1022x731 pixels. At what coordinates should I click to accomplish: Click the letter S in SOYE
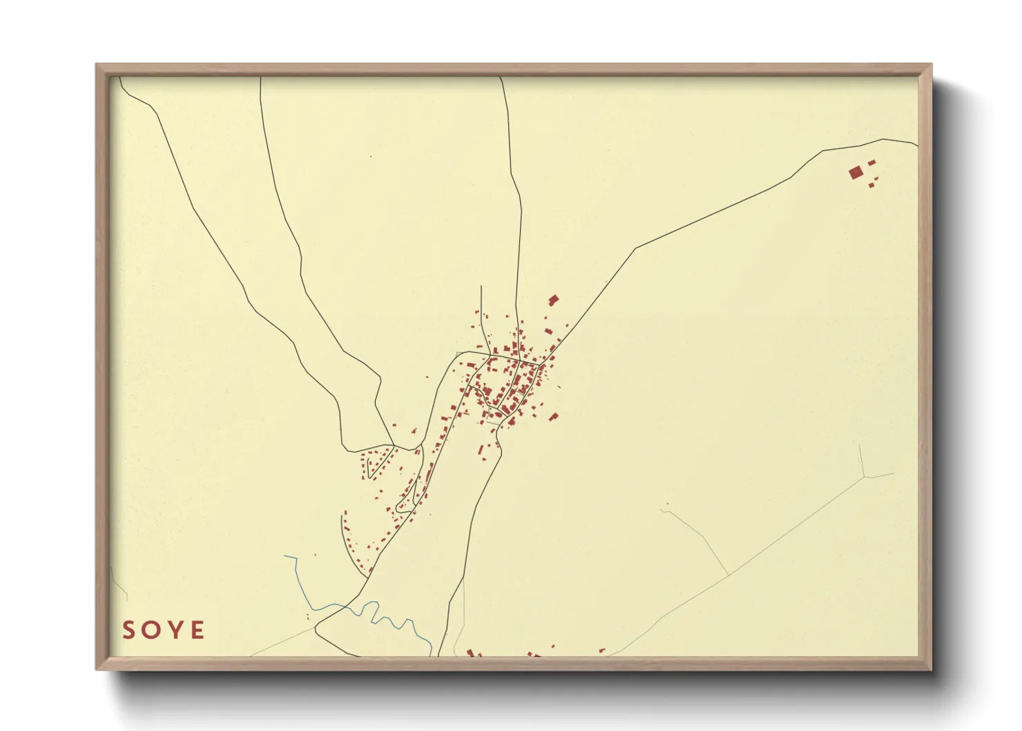[x=128, y=630]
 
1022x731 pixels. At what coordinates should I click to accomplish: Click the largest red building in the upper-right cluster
[x=856, y=172]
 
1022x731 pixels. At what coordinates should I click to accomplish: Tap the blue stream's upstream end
[x=285, y=556]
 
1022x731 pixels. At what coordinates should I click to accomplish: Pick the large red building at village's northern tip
[x=553, y=300]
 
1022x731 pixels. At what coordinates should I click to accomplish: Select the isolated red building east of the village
[x=553, y=416]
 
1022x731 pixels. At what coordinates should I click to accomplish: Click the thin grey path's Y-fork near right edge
[x=864, y=477]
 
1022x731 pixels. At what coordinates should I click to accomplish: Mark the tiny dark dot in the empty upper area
[x=371, y=157]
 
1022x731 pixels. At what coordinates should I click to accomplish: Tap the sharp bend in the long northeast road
[x=635, y=248]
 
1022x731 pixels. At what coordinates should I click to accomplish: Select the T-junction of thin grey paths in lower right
[x=728, y=576]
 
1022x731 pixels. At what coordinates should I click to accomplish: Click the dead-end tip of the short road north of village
[x=481, y=286]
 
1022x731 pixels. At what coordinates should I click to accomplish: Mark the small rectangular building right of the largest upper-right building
[x=871, y=163]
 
